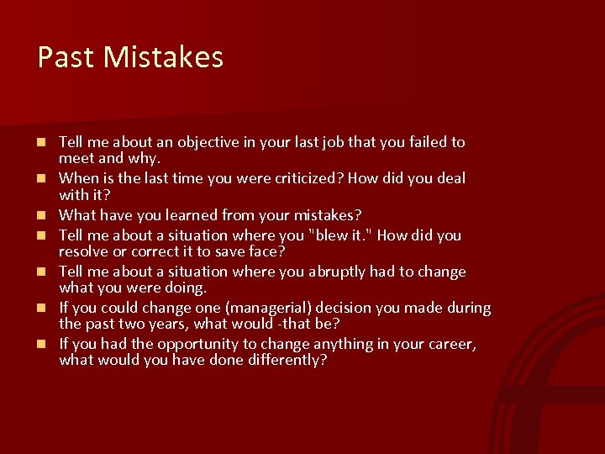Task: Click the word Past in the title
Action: [61, 57]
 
